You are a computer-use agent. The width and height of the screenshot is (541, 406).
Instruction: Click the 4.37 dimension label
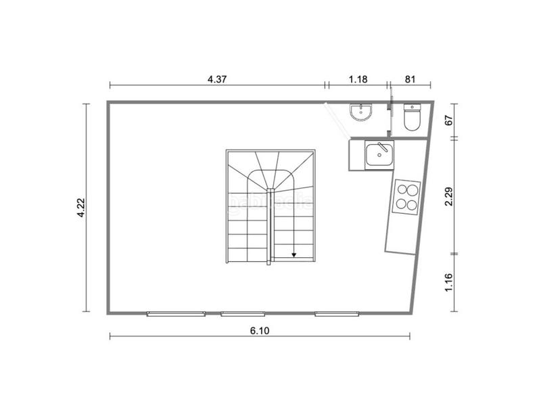coord(216,78)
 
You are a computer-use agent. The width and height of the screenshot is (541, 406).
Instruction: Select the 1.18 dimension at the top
coord(358,78)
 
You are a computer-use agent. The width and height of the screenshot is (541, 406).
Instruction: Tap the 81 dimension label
coord(410,78)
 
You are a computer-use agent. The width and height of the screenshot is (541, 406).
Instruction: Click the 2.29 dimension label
coord(448,196)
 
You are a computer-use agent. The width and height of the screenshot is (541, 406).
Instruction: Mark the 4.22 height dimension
coord(80,207)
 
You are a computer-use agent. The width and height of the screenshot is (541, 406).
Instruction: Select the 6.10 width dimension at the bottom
coord(259,330)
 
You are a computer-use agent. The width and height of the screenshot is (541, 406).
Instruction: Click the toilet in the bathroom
coord(411,118)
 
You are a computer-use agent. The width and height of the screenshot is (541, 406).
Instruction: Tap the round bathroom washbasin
coord(361,112)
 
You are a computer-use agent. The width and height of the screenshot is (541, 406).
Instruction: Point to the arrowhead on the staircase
coord(295,255)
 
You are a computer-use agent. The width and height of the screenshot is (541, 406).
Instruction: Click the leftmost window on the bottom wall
coord(176,313)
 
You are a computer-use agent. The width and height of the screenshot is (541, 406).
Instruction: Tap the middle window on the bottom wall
coord(243,313)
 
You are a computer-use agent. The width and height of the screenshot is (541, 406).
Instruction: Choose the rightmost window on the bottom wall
coord(337,313)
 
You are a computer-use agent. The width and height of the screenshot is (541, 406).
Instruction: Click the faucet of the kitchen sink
coord(382,147)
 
